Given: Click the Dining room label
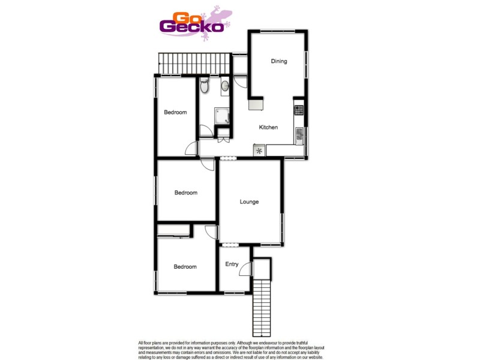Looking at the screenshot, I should pos(279,61).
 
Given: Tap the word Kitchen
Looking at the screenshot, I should pos(268,127).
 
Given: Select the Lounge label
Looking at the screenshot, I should pos(249,202).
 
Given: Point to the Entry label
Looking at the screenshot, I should pos(232,264).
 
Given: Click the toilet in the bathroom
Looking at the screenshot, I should pos(205,86).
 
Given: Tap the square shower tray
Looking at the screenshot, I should pos(222,115).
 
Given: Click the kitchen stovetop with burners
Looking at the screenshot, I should pos(298,110).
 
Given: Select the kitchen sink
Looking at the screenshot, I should pos(299,136).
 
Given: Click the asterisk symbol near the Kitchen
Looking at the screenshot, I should pos(259,151).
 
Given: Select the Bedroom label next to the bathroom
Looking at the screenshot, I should pos(175,112).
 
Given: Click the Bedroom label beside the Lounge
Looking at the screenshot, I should pos(186,193).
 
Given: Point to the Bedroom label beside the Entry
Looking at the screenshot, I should pos(185,267).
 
